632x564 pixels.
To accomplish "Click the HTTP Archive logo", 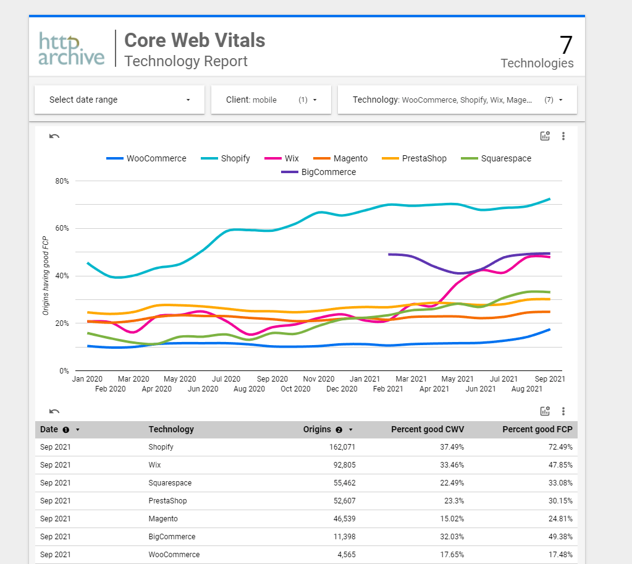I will [x=71, y=49].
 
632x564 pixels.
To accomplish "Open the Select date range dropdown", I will [x=119, y=100].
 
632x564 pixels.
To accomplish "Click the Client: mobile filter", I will [x=271, y=100].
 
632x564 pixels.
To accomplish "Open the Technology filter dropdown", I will [x=457, y=100].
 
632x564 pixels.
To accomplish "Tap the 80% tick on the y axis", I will [x=62, y=181].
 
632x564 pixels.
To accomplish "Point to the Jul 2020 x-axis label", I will [x=226, y=378].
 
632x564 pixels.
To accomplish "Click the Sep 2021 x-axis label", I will [x=550, y=378].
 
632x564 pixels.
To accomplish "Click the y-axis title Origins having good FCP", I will [x=46, y=275].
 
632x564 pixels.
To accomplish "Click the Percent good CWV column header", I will [x=427, y=429].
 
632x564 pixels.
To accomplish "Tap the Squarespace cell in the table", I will [x=170, y=482].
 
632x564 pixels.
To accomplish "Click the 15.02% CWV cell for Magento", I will [x=450, y=518].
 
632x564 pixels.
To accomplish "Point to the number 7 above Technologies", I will [x=566, y=45].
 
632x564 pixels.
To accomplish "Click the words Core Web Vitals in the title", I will [x=195, y=40].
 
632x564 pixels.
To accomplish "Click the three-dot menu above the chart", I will [x=563, y=136].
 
